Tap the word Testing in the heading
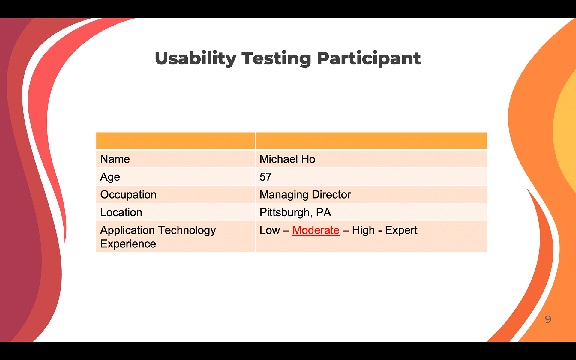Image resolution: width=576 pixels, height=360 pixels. [x=276, y=58]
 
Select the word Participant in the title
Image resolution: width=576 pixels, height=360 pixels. [x=369, y=58]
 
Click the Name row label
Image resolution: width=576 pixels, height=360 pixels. [x=115, y=159]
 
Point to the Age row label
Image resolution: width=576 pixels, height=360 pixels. [x=110, y=177]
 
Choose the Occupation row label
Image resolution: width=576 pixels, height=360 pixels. [x=128, y=195]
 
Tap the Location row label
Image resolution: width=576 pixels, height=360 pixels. [x=121, y=212]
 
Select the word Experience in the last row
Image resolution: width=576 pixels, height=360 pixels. [x=128, y=244]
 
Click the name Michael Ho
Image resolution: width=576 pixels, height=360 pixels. [x=287, y=159]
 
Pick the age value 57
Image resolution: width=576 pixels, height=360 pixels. [x=266, y=177]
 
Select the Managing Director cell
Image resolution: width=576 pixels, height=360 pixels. [x=305, y=195]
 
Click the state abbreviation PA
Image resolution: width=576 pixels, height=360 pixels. [x=324, y=212]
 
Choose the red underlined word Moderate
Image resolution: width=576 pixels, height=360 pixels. [x=316, y=230]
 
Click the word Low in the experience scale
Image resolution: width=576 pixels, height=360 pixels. [x=270, y=230]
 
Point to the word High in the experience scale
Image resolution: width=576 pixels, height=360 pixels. [x=363, y=230]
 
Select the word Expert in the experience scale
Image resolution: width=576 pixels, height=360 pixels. [x=401, y=230]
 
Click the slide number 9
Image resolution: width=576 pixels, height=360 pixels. [x=548, y=319]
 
